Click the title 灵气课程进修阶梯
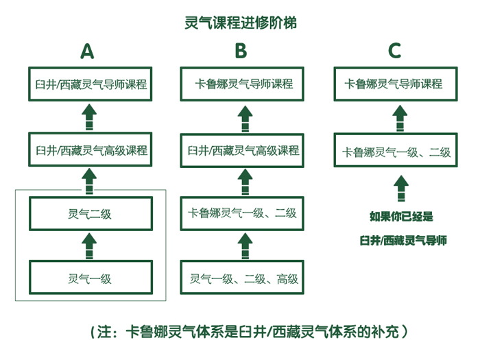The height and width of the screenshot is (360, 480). pos(241,23)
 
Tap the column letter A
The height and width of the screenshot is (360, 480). pos(87,51)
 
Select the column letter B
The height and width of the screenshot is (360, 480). pos(241,51)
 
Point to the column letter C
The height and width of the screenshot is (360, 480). pos(394,51)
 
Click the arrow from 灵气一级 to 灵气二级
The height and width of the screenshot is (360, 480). pos(89,245)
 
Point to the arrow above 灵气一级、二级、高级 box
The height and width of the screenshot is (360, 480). pos(245,245)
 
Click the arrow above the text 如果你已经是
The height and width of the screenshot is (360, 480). pos(401,189)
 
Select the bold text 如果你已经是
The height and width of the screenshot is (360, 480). pos(401,217)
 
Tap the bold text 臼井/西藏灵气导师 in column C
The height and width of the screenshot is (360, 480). pos(403,241)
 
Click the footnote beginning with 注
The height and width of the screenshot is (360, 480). pos(249,331)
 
